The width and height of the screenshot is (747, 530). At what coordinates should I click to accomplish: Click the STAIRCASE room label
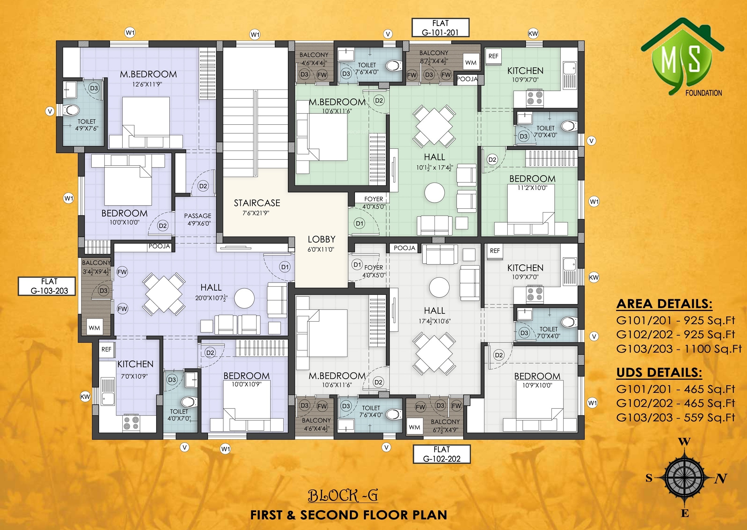[x=257, y=203]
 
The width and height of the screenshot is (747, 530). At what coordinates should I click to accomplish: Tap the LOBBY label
[x=321, y=239]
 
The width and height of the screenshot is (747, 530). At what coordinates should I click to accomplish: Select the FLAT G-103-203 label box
[x=47, y=286]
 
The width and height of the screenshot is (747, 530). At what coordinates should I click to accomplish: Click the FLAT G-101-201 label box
[x=440, y=28]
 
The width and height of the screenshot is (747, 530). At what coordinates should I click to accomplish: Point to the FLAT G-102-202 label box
[x=442, y=454]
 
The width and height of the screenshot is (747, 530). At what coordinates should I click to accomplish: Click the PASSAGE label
[x=198, y=216]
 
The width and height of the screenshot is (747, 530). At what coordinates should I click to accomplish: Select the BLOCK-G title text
[x=343, y=495]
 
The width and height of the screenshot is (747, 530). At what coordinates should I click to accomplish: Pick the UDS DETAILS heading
[x=659, y=373]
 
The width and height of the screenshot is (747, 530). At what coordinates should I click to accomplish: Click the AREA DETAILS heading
[x=664, y=304]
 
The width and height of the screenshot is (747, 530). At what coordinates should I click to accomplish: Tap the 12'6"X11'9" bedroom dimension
[x=147, y=84]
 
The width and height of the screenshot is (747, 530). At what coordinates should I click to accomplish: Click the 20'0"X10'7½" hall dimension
[x=212, y=298]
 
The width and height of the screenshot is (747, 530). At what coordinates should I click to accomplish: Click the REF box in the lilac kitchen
[x=106, y=349]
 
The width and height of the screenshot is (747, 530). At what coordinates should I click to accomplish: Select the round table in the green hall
[x=434, y=192]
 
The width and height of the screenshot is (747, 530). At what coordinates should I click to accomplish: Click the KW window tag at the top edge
[x=533, y=33]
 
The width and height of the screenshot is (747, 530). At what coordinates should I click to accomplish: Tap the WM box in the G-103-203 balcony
[x=94, y=328]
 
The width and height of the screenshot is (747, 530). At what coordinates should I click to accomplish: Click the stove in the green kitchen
[x=535, y=98]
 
